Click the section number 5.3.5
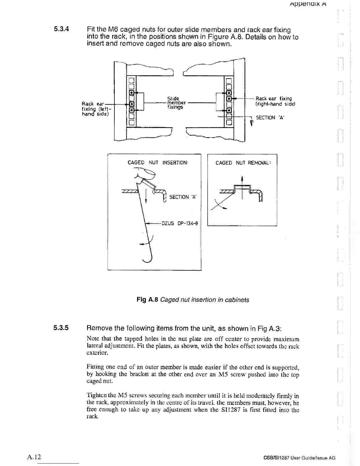coord(61,327)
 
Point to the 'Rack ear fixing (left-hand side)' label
coord(95,109)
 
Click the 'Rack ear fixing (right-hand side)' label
coord(275,101)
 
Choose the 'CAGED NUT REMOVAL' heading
coord(243,163)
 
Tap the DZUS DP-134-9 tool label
coord(180,223)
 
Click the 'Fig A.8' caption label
coord(148,300)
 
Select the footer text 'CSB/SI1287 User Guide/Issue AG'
coord(299,458)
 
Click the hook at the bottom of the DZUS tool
coord(148,258)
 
